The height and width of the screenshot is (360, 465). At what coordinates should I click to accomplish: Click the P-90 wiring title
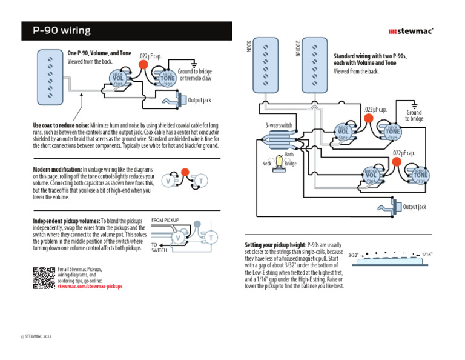coord(62,30)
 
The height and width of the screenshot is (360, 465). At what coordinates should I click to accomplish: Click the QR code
coord(43,278)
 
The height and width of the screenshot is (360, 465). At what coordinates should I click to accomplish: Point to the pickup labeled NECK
coord(266,65)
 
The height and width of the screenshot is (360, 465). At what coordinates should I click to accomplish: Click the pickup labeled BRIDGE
coord(314,65)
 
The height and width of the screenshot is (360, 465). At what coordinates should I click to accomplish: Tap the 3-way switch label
coord(279,125)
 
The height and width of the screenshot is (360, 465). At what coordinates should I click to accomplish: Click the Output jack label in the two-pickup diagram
coord(414,207)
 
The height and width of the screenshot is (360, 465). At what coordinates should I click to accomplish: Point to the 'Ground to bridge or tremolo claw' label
coord(194,75)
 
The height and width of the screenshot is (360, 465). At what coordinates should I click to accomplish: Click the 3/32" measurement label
coord(355,255)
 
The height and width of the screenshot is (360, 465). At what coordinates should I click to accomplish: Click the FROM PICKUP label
coord(165,220)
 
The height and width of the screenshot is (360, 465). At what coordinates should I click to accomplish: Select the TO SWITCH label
coord(159,247)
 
